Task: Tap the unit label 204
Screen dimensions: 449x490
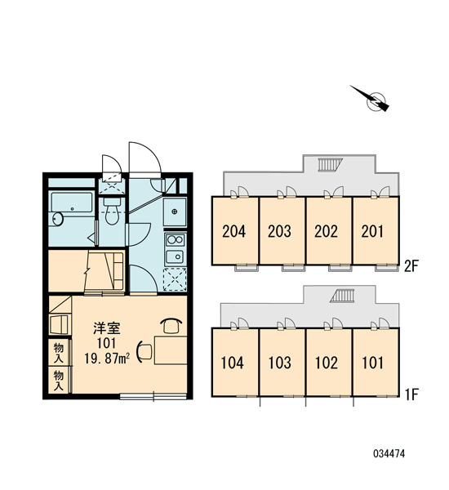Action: [x=234, y=232]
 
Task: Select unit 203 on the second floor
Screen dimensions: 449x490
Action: [x=279, y=232]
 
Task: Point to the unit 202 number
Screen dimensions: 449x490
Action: [x=326, y=232]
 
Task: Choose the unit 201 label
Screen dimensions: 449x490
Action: [x=372, y=232]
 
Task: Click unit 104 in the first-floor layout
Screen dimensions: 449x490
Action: [x=232, y=363]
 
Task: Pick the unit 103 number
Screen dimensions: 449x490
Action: [x=280, y=363]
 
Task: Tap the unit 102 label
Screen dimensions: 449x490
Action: [x=327, y=363]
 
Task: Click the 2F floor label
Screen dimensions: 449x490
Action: [x=411, y=266]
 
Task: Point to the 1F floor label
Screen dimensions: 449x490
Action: [x=411, y=394]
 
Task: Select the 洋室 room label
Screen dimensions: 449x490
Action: [x=107, y=328]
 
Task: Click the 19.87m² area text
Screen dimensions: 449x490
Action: [x=107, y=359]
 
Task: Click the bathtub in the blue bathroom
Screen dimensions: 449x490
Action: [x=72, y=203]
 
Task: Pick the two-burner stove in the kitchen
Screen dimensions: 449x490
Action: [x=175, y=240]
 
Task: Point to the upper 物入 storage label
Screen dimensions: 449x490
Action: [x=59, y=353]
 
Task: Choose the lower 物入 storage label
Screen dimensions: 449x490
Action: [x=59, y=381]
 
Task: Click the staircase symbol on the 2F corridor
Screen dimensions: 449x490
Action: [x=331, y=165]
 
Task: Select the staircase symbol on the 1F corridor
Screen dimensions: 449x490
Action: [x=343, y=296]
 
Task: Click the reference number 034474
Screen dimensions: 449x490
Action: [x=389, y=453]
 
